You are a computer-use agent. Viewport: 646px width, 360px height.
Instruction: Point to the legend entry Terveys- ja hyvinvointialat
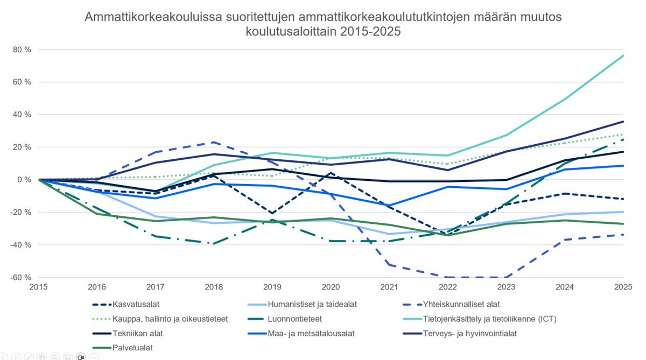point(475,333)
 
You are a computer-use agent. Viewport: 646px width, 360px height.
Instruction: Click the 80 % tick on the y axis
point(22,50)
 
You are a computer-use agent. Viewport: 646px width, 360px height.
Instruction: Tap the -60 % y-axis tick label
point(20,277)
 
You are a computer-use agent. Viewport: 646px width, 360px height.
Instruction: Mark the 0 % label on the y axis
point(23,180)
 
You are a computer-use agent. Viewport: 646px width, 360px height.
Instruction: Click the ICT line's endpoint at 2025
point(623,55)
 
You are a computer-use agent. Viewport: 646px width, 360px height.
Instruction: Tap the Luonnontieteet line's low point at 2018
point(214,244)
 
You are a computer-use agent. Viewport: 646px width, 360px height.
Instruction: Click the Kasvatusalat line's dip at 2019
point(273,213)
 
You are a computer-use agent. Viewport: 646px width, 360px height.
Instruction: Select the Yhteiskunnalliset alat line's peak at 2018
point(214,142)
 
